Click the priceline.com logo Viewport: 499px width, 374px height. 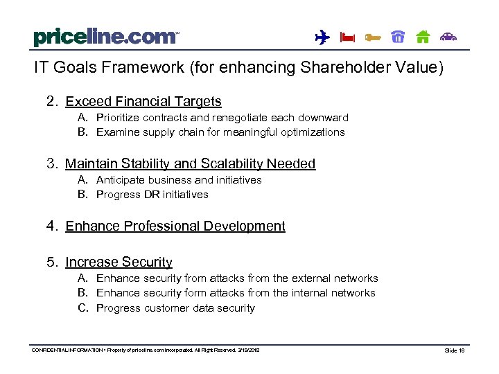tap(105, 37)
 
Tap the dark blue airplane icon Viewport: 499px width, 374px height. tap(322, 37)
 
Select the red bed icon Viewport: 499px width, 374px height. tap(347, 38)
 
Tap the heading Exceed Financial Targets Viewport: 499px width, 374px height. tap(143, 102)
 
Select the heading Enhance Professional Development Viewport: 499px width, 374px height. tap(175, 226)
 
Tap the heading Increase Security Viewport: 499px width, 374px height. tap(119, 262)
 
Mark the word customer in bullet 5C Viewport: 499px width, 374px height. tap(166, 308)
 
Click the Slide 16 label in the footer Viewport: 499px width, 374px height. tap(455, 351)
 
